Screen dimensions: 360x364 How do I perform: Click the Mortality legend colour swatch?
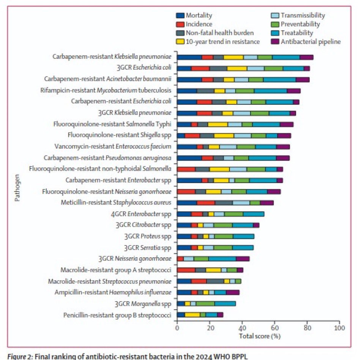[x=180, y=16]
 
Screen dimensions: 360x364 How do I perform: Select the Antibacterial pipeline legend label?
[x=311, y=42]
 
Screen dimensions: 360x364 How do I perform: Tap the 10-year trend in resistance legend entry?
[x=224, y=42]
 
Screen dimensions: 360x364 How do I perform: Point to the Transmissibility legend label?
[x=302, y=16]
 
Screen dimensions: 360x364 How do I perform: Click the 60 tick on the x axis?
[x=274, y=327]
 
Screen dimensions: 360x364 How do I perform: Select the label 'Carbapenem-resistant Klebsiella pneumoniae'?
[x=112, y=57]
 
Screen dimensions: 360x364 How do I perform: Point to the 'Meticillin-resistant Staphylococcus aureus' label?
[x=116, y=203]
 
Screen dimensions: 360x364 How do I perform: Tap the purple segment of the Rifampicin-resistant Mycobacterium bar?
[x=293, y=91]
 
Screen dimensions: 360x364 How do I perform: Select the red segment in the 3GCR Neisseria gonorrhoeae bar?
[x=180, y=259]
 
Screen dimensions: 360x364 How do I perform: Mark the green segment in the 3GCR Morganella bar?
[x=205, y=303]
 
